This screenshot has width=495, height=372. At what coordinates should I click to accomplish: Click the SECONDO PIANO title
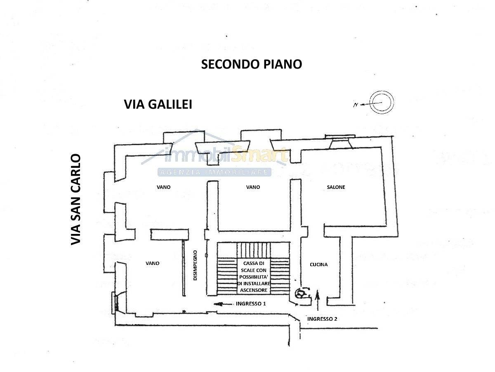pyautogui.click(x=252, y=64)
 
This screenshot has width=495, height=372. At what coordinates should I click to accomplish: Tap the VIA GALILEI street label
pyautogui.click(x=158, y=104)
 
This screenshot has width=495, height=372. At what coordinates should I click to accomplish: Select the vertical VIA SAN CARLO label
pyautogui.click(x=76, y=200)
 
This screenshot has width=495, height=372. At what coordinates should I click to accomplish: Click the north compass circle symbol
pyautogui.click(x=382, y=103)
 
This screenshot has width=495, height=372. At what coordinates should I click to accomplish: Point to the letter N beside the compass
pyautogui.click(x=356, y=105)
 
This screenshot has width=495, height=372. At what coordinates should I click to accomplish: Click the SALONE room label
pyautogui.click(x=336, y=187)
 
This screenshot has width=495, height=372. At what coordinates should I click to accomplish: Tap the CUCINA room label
pyautogui.click(x=318, y=265)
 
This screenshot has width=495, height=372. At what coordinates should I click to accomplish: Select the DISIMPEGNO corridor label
pyautogui.click(x=195, y=265)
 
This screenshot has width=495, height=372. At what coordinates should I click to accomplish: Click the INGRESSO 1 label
pyautogui.click(x=251, y=303)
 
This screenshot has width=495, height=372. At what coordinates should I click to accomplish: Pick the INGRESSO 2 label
pyautogui.click(x=322, y=319)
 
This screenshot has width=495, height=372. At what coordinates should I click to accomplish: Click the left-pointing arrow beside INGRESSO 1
pyautogui.click(x=223, y=304)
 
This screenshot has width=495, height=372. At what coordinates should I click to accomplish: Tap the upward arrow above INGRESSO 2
pyautogui.click(x=317, y=300)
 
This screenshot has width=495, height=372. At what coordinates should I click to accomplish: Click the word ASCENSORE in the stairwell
pyautogui.click(x=253, y=290)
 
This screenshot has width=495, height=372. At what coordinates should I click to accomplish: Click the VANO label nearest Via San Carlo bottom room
pyautogui.click(x=153, y=263)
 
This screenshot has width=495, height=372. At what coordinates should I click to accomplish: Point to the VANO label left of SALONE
pyautogui.click(x=253, y=187)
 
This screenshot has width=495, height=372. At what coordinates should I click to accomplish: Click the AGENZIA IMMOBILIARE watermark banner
pyautogui.click(x=214, y=172)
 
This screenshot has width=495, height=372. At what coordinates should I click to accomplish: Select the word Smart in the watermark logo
pyautogui.click(x=259, y=154)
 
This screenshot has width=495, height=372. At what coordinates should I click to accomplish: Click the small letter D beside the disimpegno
pyautogui.click(x=206, y=255)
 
